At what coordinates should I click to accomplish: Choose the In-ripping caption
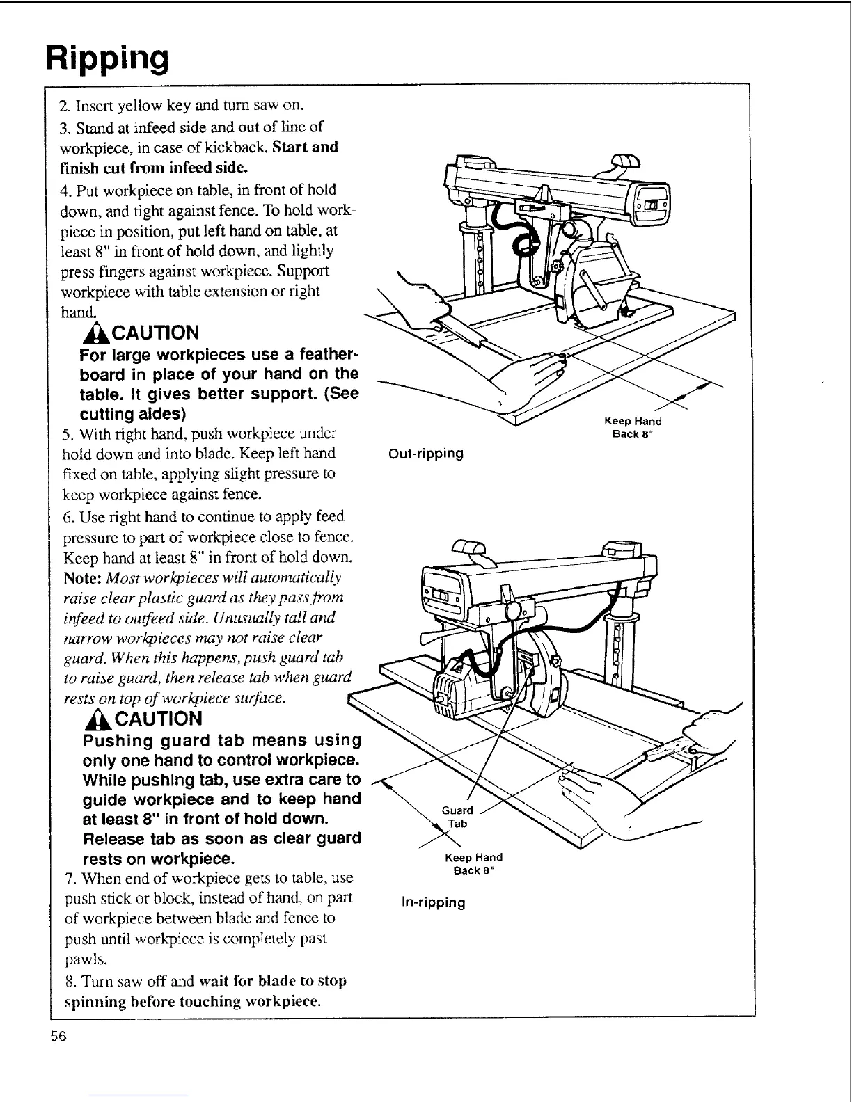tap(433, 902)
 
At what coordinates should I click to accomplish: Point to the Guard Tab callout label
tap(457, 817)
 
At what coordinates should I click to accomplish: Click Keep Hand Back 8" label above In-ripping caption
tap(473, 864)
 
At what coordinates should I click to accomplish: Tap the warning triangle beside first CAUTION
tap(90, 333)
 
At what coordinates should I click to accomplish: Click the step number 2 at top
tap(63, 106)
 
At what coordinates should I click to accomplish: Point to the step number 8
tap(68, 981)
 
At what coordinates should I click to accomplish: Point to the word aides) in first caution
tap(157, 415)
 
